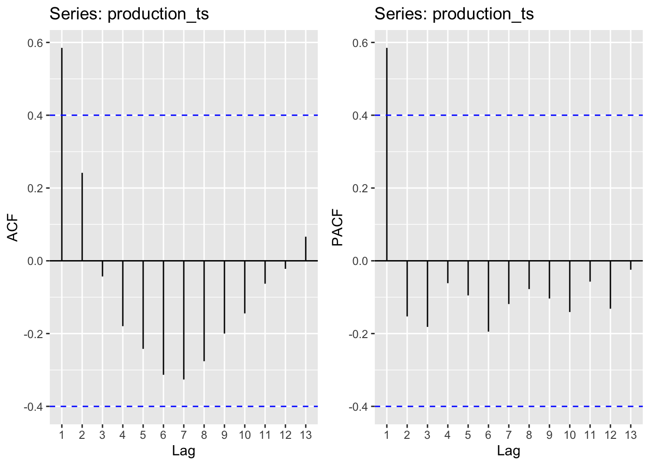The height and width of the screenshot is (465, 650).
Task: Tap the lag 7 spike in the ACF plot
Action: (x=184, y=320)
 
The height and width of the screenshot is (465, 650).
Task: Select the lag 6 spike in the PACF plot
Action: (x=488, y=296)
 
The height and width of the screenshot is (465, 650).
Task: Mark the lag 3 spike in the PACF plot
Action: (x=428, y=294)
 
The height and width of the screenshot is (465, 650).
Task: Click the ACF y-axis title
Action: (x=13, y=228)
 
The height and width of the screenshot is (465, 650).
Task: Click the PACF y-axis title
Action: (x=338, y=228)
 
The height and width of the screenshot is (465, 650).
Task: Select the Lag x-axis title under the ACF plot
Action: (x=184, y=451)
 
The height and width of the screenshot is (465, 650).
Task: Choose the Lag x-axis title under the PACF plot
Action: (x=509, y=451)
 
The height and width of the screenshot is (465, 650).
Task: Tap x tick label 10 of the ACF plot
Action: (x=245, y=435)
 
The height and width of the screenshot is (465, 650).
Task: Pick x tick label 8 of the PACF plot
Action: (x=529, y=435)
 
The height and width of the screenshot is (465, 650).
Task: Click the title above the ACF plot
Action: (x=129, y=14)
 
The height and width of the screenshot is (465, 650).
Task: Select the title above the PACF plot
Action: (x=454, y=14)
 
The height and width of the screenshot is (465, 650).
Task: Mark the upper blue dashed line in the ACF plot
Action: (x=193, y=115)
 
